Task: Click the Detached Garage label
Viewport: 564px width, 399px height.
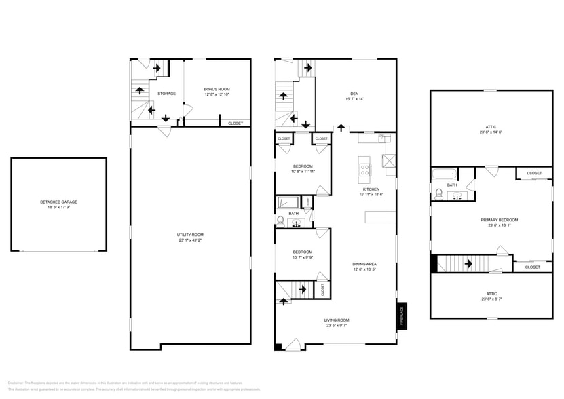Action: click(58, 202)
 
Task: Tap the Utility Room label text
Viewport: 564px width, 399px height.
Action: click(190, 235)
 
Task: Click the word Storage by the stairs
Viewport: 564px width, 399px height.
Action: click(167, 94)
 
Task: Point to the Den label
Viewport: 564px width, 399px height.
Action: click(354, 94)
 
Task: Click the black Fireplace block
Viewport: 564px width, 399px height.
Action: click(401, 316)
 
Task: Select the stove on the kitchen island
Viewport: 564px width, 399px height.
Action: click(364, 167)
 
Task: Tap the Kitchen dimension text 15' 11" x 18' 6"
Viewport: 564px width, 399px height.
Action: click(371, 194)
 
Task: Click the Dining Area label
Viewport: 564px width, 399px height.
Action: click(364, 265)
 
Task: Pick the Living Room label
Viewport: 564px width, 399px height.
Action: click(337, 320)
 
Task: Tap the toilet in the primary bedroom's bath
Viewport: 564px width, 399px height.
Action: click(438, 194)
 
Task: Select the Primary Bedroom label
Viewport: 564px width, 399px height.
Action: click(499, 220)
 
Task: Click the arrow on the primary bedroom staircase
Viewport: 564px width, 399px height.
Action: click(467, 263)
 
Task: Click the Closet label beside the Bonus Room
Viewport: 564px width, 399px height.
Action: click(236, 123)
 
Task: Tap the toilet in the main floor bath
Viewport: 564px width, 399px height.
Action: click(280, 221)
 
